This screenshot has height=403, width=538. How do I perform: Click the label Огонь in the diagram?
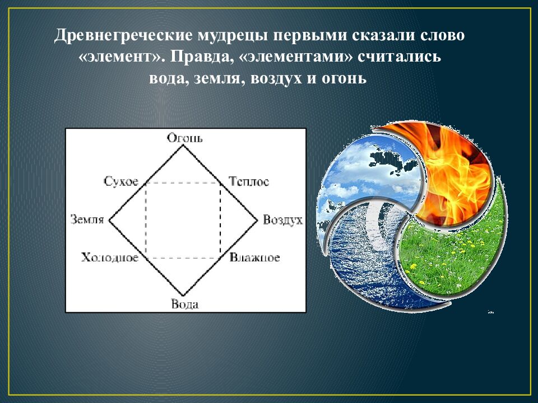pyautogui.click(x=184, y=138)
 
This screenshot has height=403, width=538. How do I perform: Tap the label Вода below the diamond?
pyautogui.click(x=184, y=305)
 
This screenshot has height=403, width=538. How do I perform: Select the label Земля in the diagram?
pyautogui.click(x=87, y=219)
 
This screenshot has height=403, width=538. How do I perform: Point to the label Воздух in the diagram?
pyautogui.click(x=282, y=219)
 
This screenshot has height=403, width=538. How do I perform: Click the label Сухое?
pyautogui.click(x=121, y=181)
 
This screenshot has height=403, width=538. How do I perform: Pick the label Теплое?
pyautogui.click(x=249, y=181)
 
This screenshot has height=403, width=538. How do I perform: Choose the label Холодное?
pyautogui.click(x=110, y=257)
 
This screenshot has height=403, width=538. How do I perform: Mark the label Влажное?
pyautogui.click(x=254, y=257)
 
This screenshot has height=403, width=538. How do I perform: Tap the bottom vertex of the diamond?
pyautogui.click(x=183, y=296)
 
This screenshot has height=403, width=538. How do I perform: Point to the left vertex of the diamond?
pyautogui.click(x=109, y=220)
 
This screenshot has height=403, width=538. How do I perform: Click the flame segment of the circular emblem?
pyautogui.click(x=448, y=168)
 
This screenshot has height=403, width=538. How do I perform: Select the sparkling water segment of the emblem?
pyautogui.click(x=364, y=257)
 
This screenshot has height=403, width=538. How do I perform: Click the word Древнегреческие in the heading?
pyautogui.click(x=123, y=37)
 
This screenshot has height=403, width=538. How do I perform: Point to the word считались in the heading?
pyautogui.click(x=409, y=58)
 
